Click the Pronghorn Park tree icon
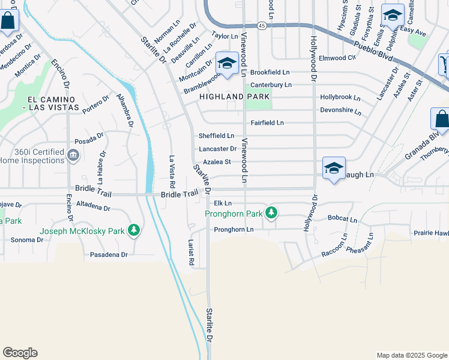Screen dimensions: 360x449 272,212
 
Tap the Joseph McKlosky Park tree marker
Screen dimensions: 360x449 133,230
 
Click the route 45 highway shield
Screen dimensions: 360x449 262,26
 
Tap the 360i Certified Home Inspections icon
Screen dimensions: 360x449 73,155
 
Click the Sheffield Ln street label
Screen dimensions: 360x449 217,136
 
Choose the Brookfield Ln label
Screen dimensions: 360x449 270,72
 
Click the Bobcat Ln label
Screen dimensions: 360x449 342,219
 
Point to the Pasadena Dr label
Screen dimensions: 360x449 109,254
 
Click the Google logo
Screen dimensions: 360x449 20,353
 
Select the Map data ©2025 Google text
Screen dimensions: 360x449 411,355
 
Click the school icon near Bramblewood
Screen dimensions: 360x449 227,64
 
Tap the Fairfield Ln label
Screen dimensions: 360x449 267,123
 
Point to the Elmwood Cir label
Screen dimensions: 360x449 337,58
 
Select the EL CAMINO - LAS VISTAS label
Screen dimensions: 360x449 53,103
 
